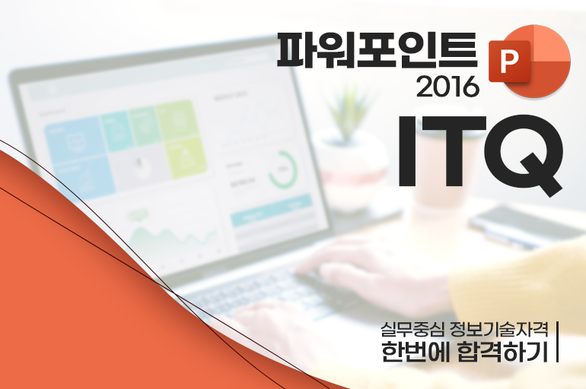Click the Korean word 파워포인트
click(x=377, y=50)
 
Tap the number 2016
click(x=447, y=86)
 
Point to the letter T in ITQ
click(x=449, y=150)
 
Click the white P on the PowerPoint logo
click(x=508, y=62)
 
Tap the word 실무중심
click(x=411, y=328)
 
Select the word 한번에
click(x=415, y=351)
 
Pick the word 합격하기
click(x=502, y=351)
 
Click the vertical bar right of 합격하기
click(x=557, y=342)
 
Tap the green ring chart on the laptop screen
click(x=283, y=169)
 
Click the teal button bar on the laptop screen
click(x=272, y=211)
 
